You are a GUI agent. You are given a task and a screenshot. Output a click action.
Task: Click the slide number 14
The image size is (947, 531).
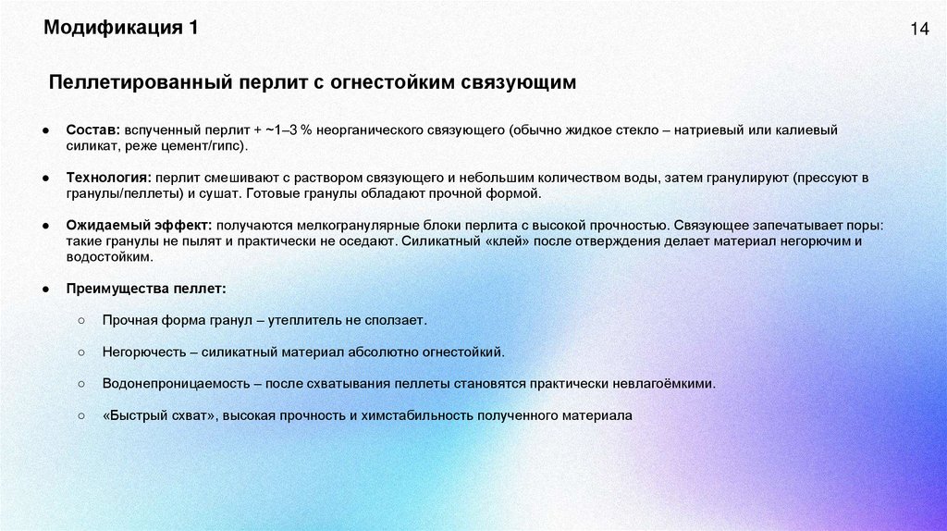[918, 30]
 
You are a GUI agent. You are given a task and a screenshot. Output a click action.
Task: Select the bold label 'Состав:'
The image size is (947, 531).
[92, 130]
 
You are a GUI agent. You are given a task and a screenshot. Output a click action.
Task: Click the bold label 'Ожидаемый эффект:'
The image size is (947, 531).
[139, 225]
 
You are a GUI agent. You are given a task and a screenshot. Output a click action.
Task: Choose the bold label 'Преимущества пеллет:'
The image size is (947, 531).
[145, 289]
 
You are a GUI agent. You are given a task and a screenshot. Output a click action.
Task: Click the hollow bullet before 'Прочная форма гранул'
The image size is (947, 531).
[81, 320]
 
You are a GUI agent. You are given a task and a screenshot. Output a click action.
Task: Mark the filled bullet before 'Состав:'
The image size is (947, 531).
[45, 130]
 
